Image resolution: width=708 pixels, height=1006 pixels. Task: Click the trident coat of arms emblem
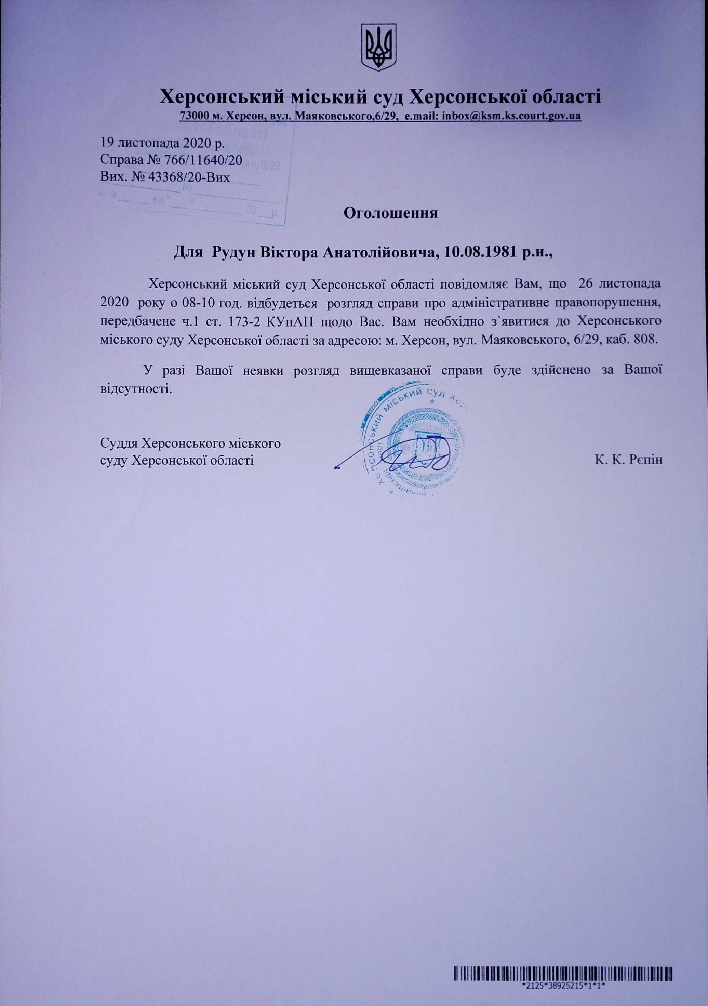pyautogui.click(x=378, y=47)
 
